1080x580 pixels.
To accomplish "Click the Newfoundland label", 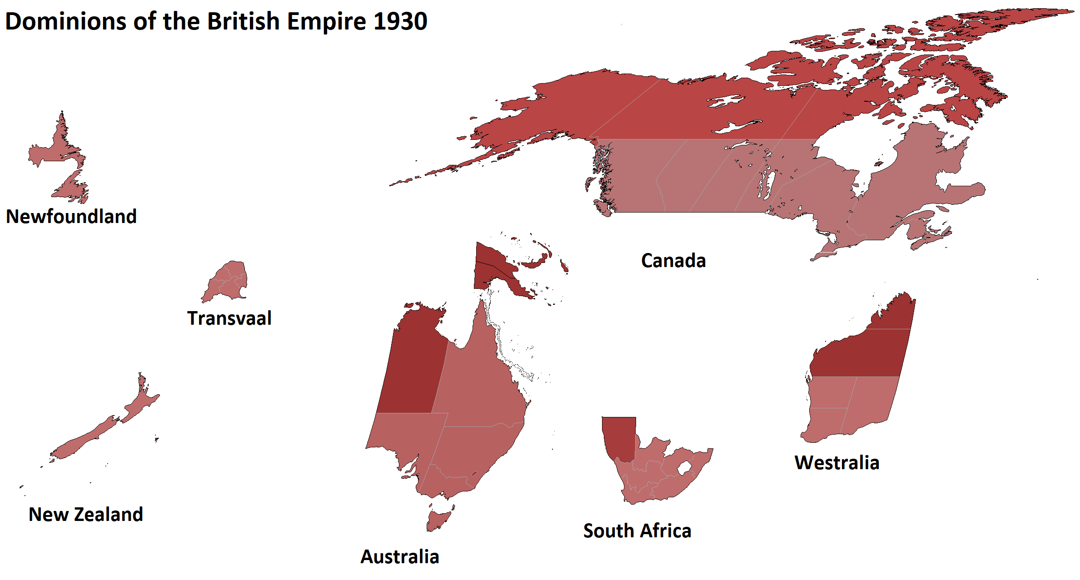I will click(71, 216).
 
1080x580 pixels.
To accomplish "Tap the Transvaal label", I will click(229, 318).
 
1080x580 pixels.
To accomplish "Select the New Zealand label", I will click(86, 514).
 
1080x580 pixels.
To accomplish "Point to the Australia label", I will click(400, 556).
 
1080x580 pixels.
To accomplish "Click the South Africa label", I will click(637, 530).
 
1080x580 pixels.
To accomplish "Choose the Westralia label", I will click(837, 462).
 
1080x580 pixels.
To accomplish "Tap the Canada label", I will click(673, 261).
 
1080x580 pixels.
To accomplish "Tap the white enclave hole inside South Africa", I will click(685, 467).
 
